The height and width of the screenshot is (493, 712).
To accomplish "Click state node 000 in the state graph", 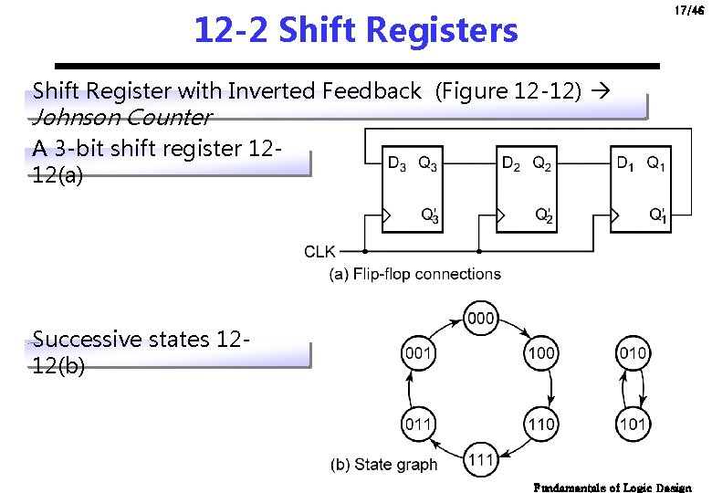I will [x=480, y=318].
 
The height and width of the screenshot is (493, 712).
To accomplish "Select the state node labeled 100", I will [x=541, y=352].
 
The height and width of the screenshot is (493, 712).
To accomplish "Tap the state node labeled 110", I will [x=541, y=424].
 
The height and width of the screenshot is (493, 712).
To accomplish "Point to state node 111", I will [x=480, y=458].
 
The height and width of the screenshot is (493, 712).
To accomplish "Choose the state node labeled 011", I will [x=418, y=424].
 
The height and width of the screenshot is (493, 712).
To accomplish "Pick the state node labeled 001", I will [x=418, y=352].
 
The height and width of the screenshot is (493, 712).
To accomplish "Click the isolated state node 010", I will [x=633, y=352].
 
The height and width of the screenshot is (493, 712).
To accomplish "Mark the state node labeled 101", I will [x=633, y=424].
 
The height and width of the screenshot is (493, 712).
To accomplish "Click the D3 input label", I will [x=397, y=164].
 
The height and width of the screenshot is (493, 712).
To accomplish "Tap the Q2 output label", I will [x=541, y=164].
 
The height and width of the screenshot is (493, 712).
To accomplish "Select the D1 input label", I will [x=625, y=164].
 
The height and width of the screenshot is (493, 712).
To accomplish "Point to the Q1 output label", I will [x=655, y=164].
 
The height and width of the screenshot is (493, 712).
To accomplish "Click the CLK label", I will [x=319, y=251].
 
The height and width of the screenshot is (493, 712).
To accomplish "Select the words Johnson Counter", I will [x=121, y=118].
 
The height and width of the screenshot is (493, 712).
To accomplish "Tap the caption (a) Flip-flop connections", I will [x=415, y=274].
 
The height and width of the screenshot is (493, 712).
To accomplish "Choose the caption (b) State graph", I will [x=384, y=465].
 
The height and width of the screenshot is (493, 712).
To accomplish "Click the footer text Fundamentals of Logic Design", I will [x=613, y=487].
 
